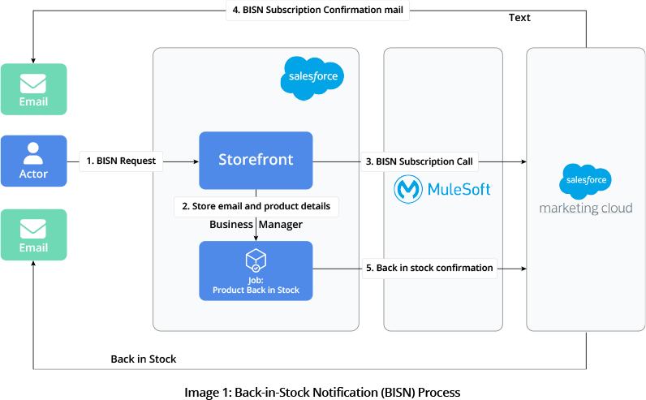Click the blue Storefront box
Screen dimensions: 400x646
tap(256, 160)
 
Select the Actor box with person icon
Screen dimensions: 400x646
tap(33, 161)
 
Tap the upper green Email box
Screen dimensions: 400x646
tap(33, 88)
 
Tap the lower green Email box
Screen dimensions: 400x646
tap(33, 234)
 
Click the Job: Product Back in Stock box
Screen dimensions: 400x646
tap(256, 271)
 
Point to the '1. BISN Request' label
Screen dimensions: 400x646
tap(122, 161)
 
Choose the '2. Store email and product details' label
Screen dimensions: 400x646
tap(256, 206)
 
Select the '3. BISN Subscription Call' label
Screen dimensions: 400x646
tap(419, 161)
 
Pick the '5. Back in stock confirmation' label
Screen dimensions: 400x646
tap(429, 268)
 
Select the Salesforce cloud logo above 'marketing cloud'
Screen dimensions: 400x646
tap(584, 180)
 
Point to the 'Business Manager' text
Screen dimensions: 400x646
tap(256, 224)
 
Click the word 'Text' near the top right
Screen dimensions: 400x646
tap(519, 17)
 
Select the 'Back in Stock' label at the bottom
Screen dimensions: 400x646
tap(144, 359)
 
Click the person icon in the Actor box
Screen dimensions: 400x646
tap(33, 152)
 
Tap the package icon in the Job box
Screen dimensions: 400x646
tap(256, 259)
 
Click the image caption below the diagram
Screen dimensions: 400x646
tap(322, 392)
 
